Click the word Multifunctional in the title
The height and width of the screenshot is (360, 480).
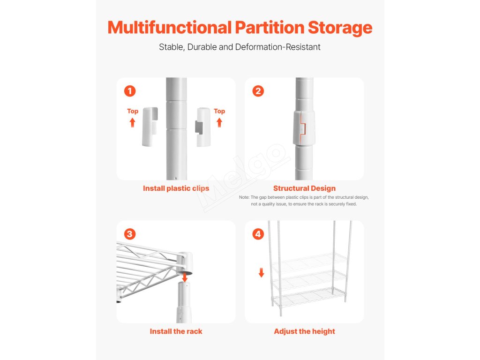point(170,28)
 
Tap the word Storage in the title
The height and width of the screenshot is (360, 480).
point(340,28)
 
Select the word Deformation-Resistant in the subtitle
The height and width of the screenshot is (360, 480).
point(277,47)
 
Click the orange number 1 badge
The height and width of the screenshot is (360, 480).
point(130,91)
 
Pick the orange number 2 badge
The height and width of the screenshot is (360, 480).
point(258,91)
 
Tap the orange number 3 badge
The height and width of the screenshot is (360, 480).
point(130,234)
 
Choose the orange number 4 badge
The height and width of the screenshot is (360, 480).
point(258,234)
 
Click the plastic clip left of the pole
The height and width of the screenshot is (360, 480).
point(150,127)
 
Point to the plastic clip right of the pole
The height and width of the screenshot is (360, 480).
point(202,127)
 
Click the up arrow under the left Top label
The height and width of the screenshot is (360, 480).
point(132,122)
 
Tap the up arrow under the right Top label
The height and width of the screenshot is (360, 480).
point(219,122)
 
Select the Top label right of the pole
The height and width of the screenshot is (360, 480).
point(219,111)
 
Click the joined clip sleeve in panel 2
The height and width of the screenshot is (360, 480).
point(304,127)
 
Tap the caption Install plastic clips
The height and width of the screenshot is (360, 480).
point(176,188)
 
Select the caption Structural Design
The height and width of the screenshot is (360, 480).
point(304,188)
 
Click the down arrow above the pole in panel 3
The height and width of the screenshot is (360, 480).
point(185,277)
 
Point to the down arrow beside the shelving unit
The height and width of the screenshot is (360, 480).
point(261,272)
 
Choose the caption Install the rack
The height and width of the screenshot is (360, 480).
point(176,331)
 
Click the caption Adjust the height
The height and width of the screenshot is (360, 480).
point(304,331)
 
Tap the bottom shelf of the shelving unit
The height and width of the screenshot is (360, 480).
point(309,297)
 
